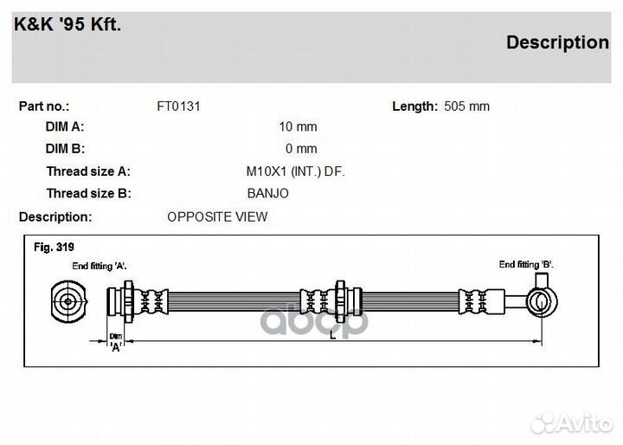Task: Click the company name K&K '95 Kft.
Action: (x=67, y=24)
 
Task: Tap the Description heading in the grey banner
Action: (x=557, y=42)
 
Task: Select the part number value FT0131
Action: (x=178, y=106)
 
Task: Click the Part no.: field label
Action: (x=44, y=106)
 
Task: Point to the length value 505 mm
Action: (x=466, y=106)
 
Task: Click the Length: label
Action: (x=414, y=106)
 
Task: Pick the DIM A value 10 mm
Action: (x=298, y=126)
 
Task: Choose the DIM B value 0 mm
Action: (x=301, y=149)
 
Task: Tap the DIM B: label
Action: (x=65, y=149)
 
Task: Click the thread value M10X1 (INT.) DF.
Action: (x=296, y=171)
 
